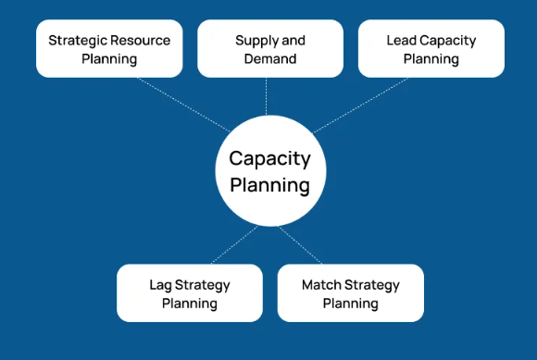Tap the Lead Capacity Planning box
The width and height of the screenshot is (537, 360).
click(431, 49)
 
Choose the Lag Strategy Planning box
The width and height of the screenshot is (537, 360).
click(190, 292)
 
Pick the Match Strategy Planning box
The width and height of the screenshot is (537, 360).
click(350, 292)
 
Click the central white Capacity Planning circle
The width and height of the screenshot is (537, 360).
click(268, 170)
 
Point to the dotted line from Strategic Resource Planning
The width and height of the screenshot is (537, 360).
click(185, 105)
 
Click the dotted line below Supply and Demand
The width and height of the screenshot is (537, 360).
click(267, 96)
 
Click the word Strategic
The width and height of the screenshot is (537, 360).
click(77, 41)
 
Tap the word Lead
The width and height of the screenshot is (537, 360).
click(401, 41)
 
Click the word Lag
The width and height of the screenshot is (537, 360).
click(160, 284)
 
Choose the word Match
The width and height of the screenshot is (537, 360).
click(321, 284)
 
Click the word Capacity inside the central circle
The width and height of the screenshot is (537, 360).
click(269, 158)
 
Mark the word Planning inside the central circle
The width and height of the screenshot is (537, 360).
click(269, 184)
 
